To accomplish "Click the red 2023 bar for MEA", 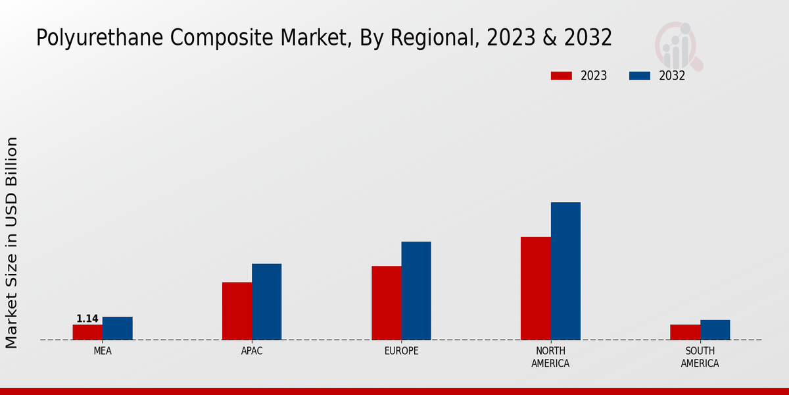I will [87, 332].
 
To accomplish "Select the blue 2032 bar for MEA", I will [117, 329].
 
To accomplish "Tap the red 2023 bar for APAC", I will [237, 311].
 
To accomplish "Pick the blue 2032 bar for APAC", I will [266, 302].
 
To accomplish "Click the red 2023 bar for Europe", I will [386, 303].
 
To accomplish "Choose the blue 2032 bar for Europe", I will [416, 290].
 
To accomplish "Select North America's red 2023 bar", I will [535, 288].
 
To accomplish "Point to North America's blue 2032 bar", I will [565, 271].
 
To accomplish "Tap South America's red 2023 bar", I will [684, 332].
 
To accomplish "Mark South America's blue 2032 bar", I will [715, 330].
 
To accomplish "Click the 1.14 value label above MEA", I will [87, 319].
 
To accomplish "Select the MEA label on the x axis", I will [103, 351].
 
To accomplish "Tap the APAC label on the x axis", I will [252, 351].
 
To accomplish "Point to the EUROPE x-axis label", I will [401, 351].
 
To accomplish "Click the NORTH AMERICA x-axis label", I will [550, 357].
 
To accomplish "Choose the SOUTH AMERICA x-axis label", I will [700, 357].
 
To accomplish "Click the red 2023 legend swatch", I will [561, 76].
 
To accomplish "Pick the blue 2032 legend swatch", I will [639, 76].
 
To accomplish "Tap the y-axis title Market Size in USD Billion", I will [12, 242].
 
